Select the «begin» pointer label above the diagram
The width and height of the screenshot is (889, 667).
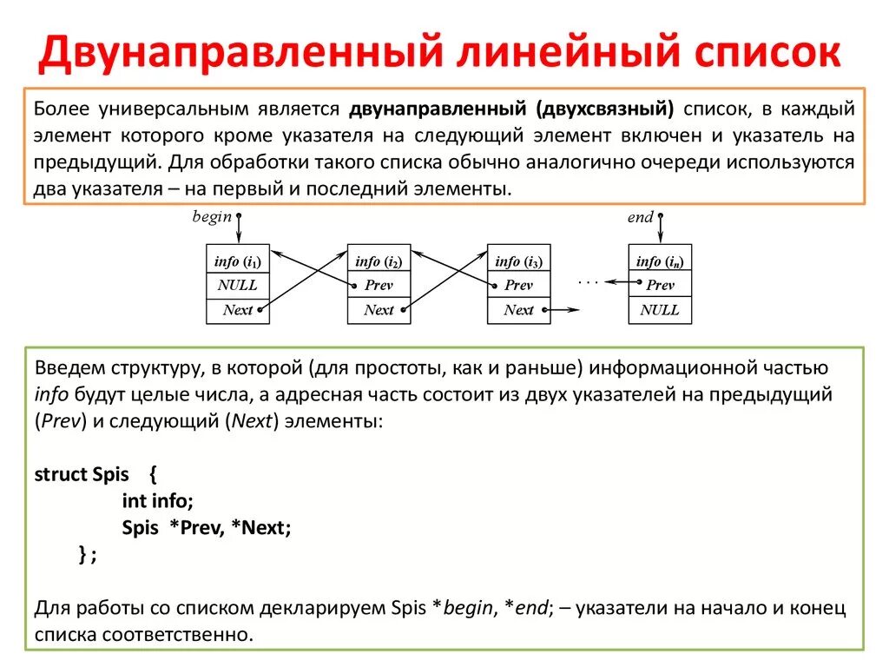[212, 217]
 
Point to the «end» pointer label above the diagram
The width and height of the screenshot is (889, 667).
[640, 217]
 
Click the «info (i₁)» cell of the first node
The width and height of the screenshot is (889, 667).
[237, 261]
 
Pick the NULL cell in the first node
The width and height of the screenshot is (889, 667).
[237, 285]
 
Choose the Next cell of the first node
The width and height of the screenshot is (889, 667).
[237, 310]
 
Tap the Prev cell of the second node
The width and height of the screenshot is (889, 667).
[379, 285]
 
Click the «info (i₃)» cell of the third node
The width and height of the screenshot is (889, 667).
[518, 261]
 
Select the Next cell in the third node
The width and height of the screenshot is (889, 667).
[518, 310]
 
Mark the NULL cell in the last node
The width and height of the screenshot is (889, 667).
[660, 310]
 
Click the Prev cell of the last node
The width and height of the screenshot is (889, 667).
[660, 285]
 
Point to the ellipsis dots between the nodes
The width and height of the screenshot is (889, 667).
[589, 281]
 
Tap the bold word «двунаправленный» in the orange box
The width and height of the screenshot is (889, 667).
[438, 109]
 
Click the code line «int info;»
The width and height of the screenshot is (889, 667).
[157, 500]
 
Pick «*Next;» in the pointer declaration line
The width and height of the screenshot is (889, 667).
[260, 527]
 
